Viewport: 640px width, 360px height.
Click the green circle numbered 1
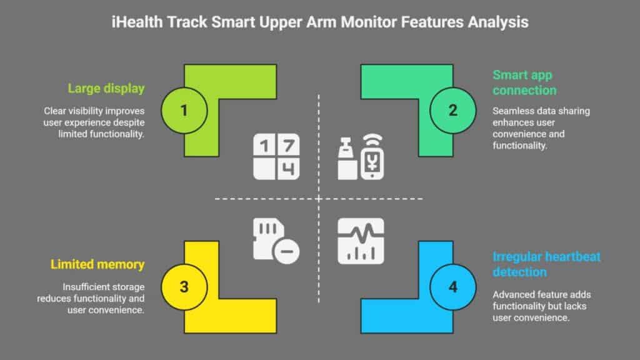184,111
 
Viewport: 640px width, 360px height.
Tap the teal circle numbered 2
452,111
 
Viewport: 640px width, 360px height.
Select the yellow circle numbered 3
184,287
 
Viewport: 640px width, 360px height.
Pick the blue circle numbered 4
452,287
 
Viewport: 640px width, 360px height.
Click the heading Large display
106,89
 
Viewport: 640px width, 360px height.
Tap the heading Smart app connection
524,82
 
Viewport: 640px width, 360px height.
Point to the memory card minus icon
276,241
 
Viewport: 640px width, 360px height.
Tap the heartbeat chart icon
361,241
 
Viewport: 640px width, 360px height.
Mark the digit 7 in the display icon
287,146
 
